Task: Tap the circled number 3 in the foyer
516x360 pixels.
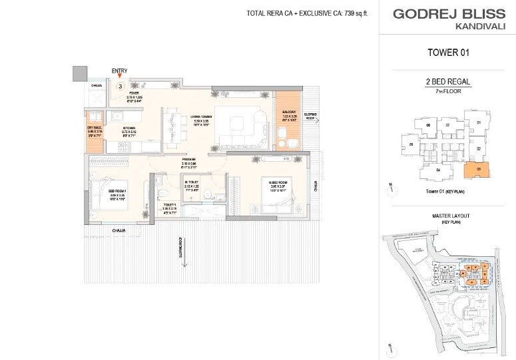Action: pyautogui.click(x=121, y=86)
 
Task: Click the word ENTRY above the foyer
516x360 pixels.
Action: pyautogui.click(x=121, y=71)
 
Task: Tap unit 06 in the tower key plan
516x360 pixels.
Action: pyautogui.click(x=429, y=125)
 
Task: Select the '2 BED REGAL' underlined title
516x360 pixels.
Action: pyautogui.click(x=448, y=82)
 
